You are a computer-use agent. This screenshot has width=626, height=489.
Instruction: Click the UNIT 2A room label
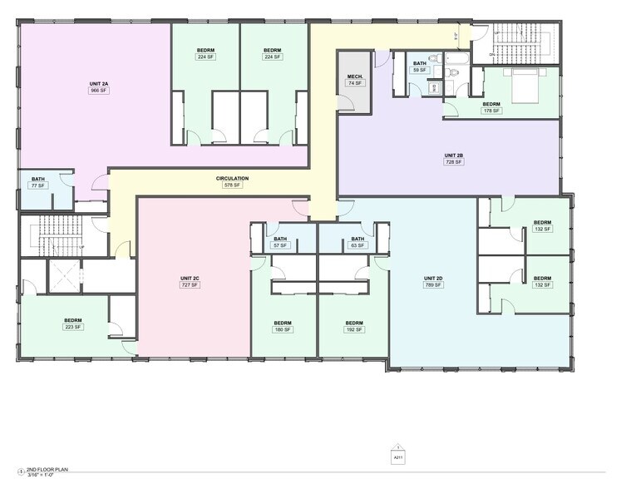tap(99, 83)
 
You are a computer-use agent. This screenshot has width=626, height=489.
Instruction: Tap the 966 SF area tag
tap(99, 91)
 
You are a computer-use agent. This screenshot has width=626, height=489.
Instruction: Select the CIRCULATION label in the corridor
tap(232, 178)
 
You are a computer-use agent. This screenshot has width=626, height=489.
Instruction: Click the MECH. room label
tap(356, 77)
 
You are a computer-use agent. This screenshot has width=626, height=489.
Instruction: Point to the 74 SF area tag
tap(356, 84)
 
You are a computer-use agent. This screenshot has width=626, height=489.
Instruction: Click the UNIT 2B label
tap(453, 155)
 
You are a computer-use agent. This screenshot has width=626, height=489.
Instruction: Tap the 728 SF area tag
tap(453, 162)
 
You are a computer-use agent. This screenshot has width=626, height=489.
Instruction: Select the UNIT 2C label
tap(190, 278)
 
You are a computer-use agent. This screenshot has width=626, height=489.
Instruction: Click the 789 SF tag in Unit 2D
tap(433, 285)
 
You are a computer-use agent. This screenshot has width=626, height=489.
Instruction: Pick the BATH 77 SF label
tap(38, 179)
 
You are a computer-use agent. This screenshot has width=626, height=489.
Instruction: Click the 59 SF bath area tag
tap(420, 70)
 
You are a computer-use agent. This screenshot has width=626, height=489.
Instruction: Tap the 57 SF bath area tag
tap(280, 246)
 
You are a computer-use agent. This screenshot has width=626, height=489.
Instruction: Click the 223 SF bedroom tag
tap(73, 327)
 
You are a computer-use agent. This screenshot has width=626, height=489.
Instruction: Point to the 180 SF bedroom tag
tap(283, 330)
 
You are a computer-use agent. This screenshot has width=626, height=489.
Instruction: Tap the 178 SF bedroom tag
tap(491, 111)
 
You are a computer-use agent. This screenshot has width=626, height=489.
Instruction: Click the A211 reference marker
tap(397, 455)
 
